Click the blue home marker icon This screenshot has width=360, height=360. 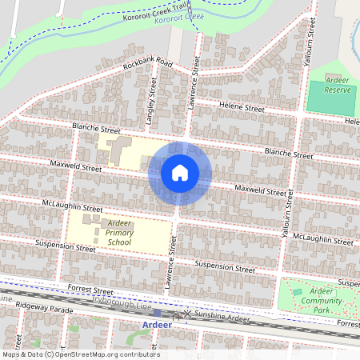[179, 173]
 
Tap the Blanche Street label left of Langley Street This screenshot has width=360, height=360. [96, 129]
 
